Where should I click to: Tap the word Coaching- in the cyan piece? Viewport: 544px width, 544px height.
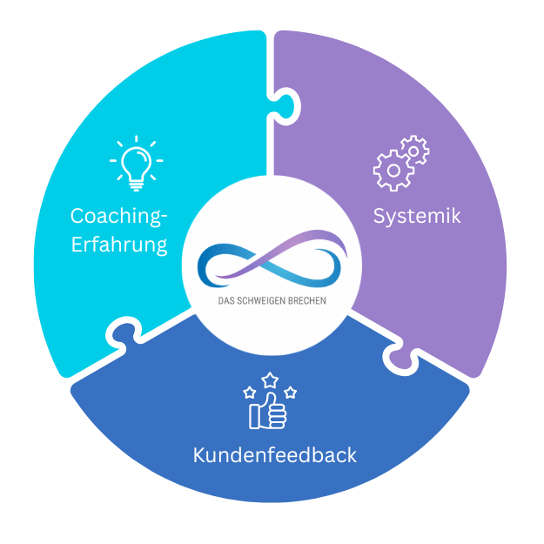click(118, 215)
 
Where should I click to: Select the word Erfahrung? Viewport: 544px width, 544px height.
click(118, 245)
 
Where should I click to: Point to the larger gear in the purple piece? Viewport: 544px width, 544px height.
click(393, 171)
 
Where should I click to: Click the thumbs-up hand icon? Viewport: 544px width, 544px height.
click(271, 412)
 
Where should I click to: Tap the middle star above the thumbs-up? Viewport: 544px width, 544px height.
click(270, 379)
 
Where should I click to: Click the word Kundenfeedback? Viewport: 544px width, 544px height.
click(274, 455)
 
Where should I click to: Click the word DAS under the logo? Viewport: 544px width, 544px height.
click(228, 302)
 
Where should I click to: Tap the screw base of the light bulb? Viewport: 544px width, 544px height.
click(137, 183)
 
